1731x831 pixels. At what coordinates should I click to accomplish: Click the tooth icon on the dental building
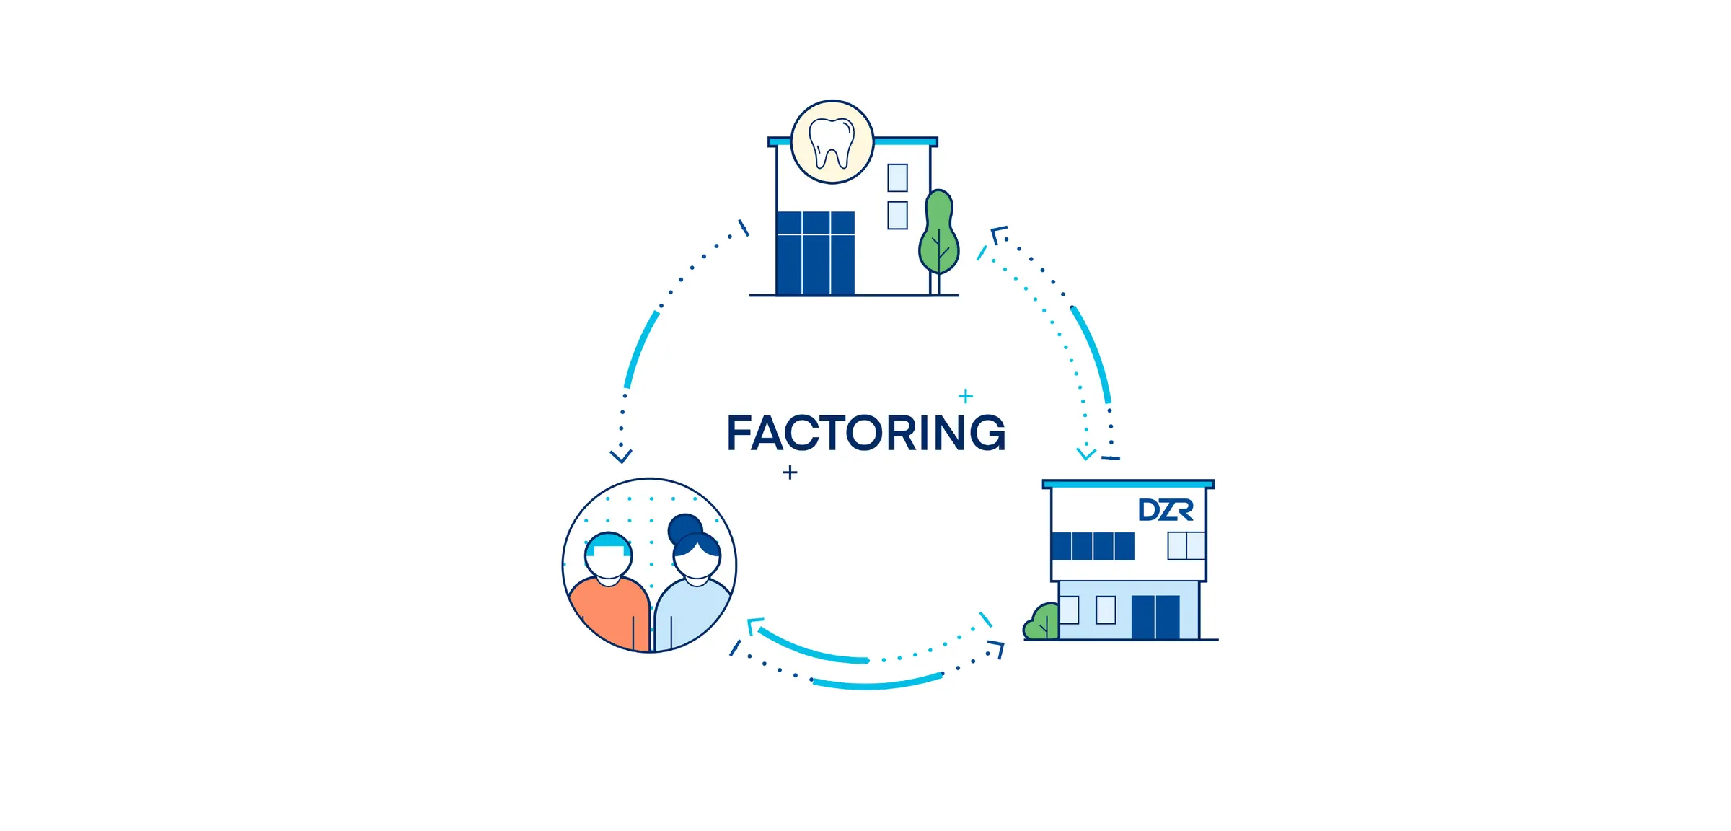click(x=832, y=142)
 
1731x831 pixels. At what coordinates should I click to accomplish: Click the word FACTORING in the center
click(x=865, y=433)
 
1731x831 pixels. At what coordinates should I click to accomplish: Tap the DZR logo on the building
click(x=1166, y=510)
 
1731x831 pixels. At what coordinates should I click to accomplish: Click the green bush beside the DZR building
click(x=1041, y=623)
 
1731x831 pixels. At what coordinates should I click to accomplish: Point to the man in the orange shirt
click(x=609, y=592)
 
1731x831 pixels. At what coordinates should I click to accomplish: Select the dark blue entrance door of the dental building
click(x=816, y=253)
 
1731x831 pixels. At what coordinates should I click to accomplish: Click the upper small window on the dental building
click(x=897, y=177)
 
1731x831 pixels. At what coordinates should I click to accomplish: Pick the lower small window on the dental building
click(x=897, y=215)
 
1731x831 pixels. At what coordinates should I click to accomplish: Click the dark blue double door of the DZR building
click(x=1155, y=617)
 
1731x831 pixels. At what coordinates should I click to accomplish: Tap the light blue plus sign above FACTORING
click(x=966, y=396)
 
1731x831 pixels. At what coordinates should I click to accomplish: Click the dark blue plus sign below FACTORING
click(x=790, y=472)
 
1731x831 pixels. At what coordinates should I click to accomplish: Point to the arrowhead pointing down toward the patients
click(x=621, y=456)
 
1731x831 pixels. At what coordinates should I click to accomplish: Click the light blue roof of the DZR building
click(x=1128, y=484)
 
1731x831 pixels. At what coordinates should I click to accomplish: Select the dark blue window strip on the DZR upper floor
click(x=1093, y=546)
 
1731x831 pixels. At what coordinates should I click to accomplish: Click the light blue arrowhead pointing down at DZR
click(x=1086, y=454)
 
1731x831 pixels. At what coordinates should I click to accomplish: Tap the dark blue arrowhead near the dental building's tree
click(x=997, y=234)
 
